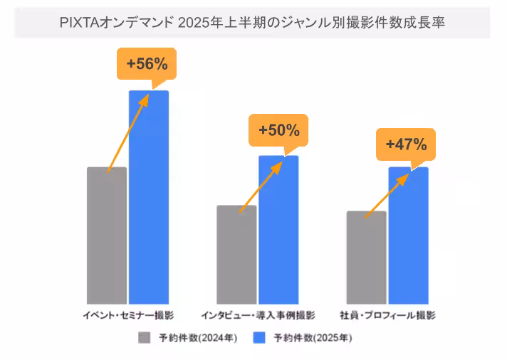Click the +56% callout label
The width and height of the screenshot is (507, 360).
tap(147, 64)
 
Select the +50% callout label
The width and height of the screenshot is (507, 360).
tap(278, 130)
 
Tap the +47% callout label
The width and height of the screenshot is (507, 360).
tap(406, 144)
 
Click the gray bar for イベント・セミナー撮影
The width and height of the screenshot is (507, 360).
tap(107, 235)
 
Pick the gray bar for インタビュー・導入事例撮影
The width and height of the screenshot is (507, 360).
tap(236, 255)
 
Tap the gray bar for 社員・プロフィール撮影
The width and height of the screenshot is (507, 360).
tap(366, 258)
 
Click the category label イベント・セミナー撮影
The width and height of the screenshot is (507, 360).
tap(128, 314)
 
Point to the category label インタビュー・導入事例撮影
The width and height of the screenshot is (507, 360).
tap(258, 314)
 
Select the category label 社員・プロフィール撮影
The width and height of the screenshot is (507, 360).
tap(387, 314)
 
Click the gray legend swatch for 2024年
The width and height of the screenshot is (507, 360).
tap(145, 337)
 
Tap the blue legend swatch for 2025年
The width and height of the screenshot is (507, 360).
tap(260, 337)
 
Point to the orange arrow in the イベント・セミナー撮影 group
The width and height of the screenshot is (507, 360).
tap(128, 132)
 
